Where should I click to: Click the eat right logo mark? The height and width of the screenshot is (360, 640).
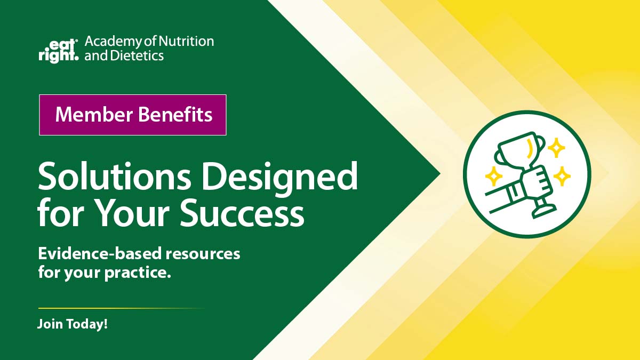tap(58, 49)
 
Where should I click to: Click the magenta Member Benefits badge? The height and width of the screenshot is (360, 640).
tap(133, 115)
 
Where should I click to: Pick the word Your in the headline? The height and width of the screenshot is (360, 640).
tap(134, 213)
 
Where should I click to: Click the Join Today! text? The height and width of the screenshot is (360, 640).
tap(73, 324)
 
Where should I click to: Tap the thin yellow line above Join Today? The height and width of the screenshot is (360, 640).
tap(121, 308)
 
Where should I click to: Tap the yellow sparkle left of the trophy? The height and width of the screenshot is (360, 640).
tap(494, 175)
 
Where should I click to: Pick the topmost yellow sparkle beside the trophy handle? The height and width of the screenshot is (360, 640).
tap(556, 148)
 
